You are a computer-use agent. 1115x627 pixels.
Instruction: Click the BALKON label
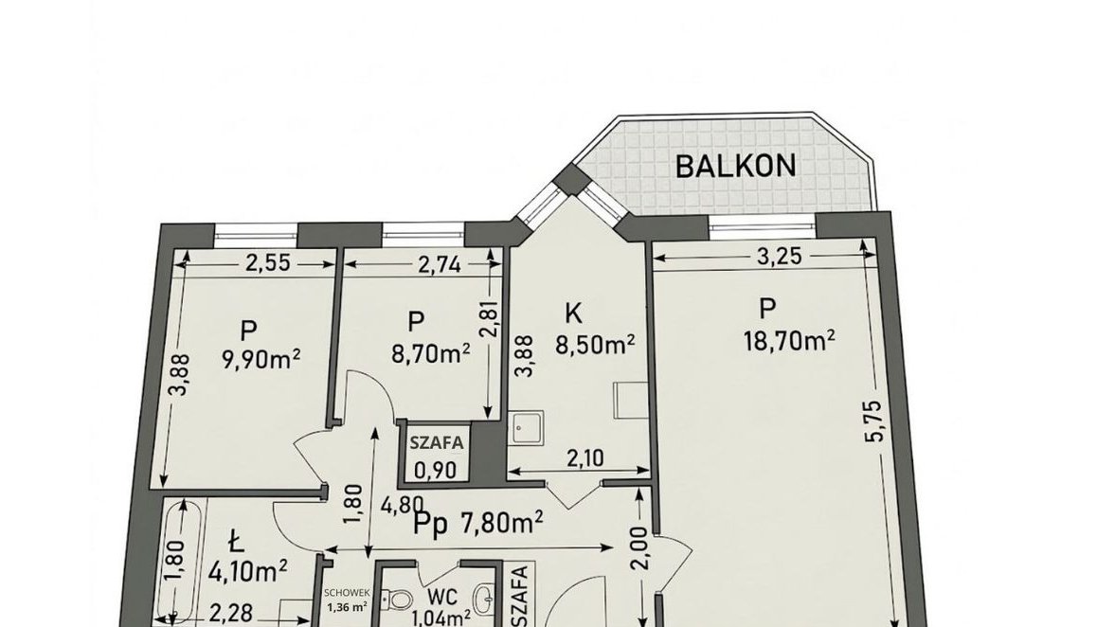click(x=735, y=166)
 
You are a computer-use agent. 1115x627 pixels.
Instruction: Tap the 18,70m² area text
click(x=788, y=341)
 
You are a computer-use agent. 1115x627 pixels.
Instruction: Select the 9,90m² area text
click(x=261, y=360)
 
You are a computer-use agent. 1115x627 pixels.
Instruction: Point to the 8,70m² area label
click(x=431, y=352)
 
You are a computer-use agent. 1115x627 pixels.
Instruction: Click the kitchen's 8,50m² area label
click(x=595, y=344)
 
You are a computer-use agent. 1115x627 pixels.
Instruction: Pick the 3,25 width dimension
click(x=779, y=256)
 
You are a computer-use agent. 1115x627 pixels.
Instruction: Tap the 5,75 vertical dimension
click(x=874, y=421)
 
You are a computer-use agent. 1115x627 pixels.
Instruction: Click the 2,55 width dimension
click(x=267, y=263)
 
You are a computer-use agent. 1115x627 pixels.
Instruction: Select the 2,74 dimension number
click(x=439, y=265)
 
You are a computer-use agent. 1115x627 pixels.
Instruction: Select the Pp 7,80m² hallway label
click(x=478, y=525)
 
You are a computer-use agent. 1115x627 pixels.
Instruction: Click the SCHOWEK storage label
click(x=347, y=592)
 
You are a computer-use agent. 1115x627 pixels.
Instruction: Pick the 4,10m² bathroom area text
click(x=249, y=570)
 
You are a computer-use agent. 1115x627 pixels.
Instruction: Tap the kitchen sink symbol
click(x=526, y=429)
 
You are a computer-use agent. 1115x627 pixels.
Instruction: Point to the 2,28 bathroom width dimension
click(x=231, y=613)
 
